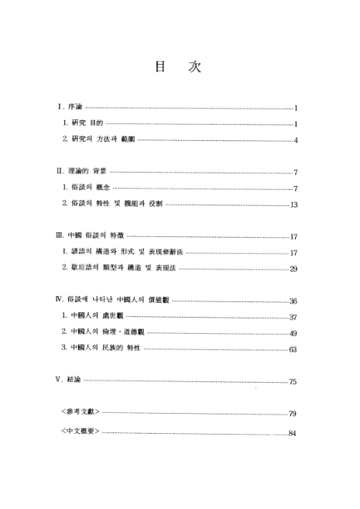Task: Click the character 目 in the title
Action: point(159,67)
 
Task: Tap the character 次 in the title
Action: point(194,67)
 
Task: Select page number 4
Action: point(296,140)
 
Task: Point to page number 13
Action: point(294,205)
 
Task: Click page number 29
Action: point(294,269)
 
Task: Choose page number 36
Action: point(293,301)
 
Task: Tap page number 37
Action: point(293,317)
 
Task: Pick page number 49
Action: point(293,333)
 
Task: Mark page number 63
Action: point(293,349)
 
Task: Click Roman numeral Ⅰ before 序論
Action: point(60,108)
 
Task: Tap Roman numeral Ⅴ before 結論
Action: point(60,381)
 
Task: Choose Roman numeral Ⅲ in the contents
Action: point(60,236)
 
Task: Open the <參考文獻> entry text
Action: point(80,413)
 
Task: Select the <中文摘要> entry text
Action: point(80,432)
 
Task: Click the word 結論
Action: point(74,381)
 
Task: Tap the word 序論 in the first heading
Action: point(74,108)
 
